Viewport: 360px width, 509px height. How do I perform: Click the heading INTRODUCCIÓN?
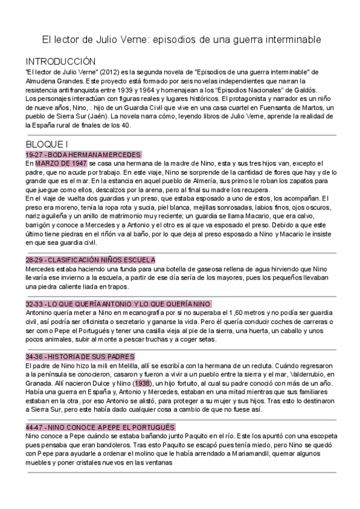point(61,61)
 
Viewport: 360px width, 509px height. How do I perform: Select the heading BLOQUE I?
point(47,144)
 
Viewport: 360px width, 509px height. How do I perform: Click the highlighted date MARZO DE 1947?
point(61,163)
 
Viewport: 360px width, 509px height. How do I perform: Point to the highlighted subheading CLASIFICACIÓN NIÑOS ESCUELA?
point(90,260)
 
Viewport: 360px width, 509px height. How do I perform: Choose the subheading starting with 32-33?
point(118,304)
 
